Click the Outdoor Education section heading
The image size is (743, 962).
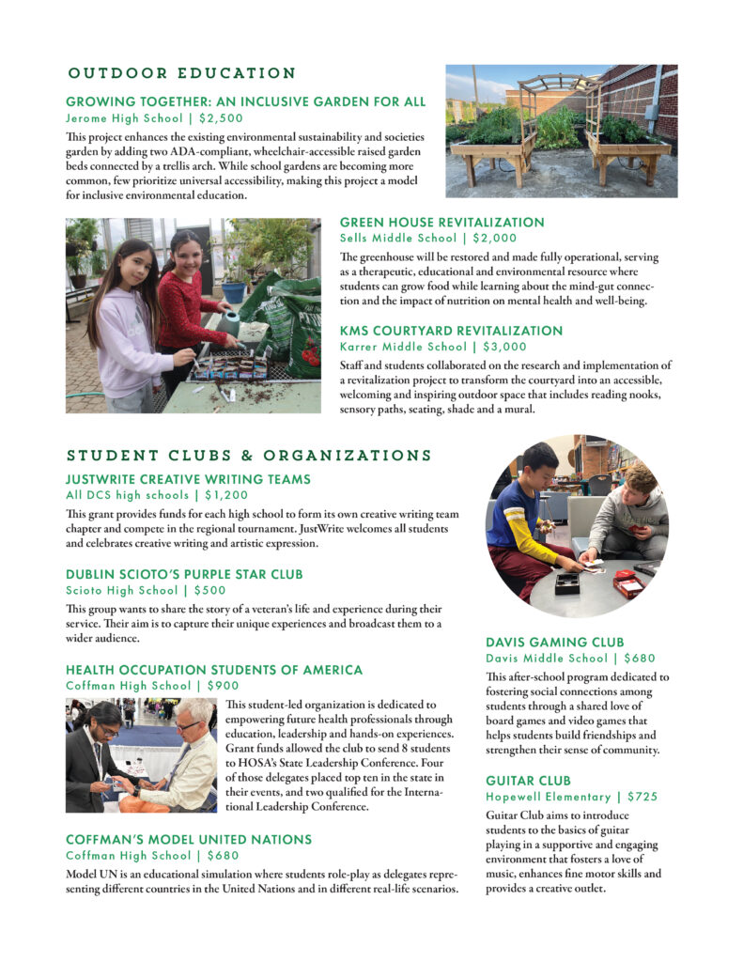point(182,73)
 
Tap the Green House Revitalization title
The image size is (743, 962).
point(441,223)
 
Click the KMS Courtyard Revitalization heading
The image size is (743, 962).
point(451,332)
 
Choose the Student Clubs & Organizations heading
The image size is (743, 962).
point(249,457)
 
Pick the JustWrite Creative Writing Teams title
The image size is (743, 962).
point(188,479)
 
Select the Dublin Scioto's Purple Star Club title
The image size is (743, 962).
point(184,574)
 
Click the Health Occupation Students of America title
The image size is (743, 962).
point(214,670)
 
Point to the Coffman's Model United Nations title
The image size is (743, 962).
point(189,839)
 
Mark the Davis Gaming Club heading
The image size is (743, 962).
point(555,643)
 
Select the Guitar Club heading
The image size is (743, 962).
point(529,781)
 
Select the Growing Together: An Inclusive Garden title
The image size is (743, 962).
point(245,102)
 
